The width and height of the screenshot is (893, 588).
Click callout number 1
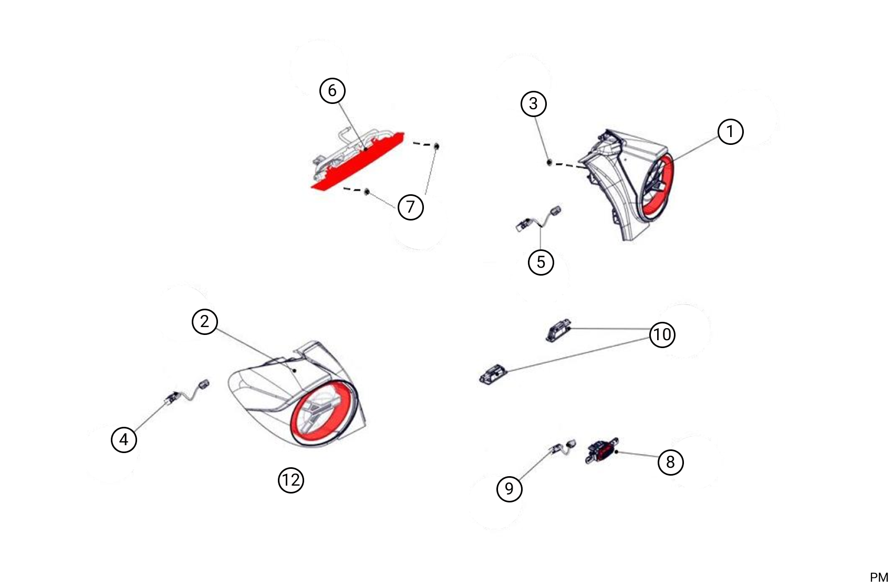(730, 131)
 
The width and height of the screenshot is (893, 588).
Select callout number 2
(204, 321)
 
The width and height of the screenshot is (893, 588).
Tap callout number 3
(533, 103)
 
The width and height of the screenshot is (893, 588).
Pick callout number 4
(124, 439)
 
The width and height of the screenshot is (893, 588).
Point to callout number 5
(541, 262)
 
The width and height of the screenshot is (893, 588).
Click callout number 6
(332, 91)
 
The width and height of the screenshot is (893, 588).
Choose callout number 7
(411, 207)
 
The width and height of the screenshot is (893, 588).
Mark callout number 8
(671, 462)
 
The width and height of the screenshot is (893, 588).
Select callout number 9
(509, 488)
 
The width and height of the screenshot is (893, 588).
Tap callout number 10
(662, 334)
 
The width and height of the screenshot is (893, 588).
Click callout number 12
(290, 480)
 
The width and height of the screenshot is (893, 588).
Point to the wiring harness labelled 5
(538, 219)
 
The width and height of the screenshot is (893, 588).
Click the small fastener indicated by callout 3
(549, 162)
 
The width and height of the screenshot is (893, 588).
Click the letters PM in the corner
(879, 577)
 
